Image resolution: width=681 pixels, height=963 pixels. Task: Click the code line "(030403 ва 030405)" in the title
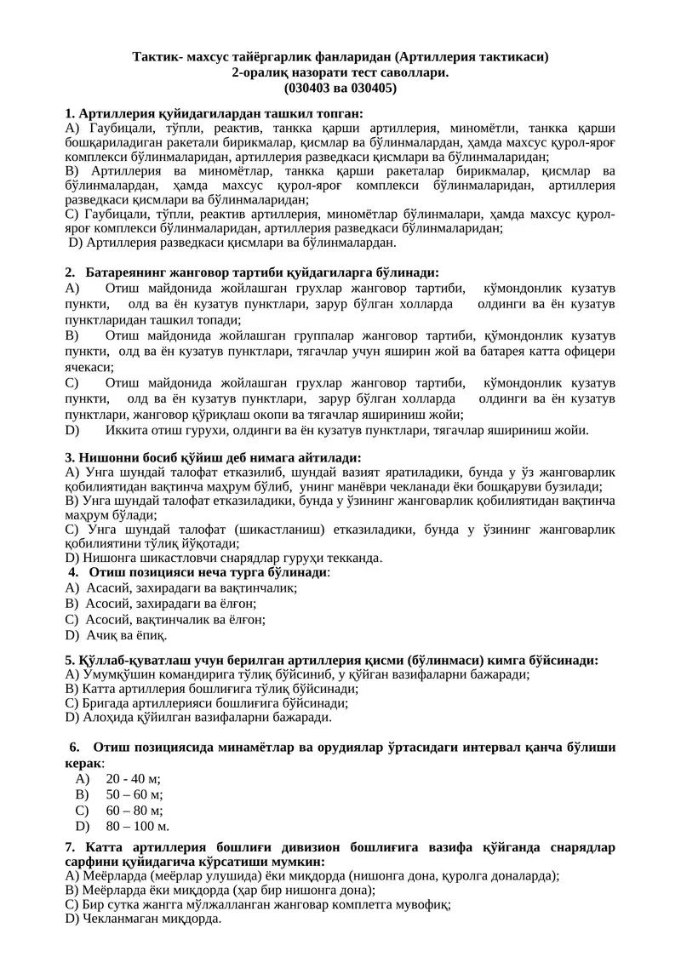pos(340,88)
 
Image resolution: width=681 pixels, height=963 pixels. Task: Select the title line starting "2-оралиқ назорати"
pos(340,73)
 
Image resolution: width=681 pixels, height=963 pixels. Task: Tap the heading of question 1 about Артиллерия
pos(214,113)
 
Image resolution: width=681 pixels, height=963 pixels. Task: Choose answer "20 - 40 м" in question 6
pos(133,778)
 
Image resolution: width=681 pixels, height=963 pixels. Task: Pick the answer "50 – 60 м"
pos(134,794)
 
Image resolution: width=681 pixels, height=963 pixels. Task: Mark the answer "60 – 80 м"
pos(134,810)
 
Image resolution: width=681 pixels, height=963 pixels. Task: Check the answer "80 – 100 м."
pos(138,826)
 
